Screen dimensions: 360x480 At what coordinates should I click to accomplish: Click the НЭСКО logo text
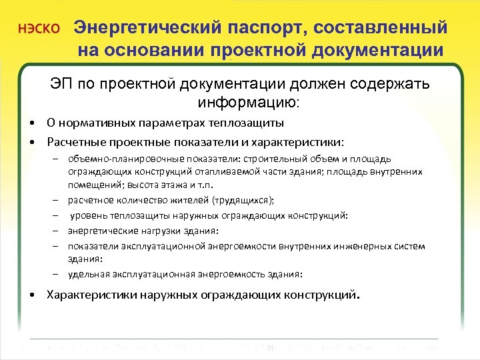coord(39,30)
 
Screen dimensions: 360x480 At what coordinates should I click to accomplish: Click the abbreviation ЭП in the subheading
coord(61,85)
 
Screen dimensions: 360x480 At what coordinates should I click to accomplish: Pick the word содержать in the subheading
coord(388,85)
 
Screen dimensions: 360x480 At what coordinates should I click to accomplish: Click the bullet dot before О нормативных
coord(32,124)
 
